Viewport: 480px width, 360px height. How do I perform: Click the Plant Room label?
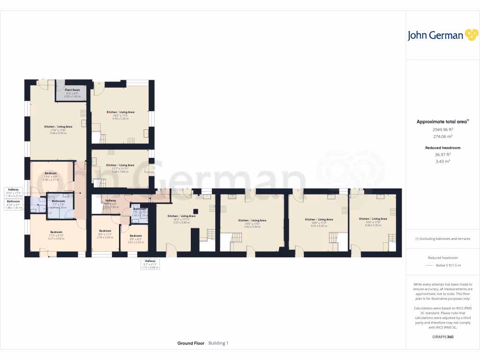[x=72, y=90]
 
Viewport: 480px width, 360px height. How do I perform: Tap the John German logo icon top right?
[x=471, y=35]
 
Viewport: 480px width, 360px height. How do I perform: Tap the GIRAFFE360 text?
[x=443, y=337]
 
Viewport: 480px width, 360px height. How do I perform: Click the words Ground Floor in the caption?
[x=191, y=343]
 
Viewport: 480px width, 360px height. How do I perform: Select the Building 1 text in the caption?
[x=218, y=343]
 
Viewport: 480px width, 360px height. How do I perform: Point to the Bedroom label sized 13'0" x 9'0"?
[x=51, y=173]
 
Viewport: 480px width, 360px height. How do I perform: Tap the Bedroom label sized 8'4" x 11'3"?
[x=105, y=231]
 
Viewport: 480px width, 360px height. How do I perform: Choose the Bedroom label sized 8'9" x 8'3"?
[x=135, y=236]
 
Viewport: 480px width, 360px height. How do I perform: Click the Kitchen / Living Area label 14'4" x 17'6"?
[x=373, y=219]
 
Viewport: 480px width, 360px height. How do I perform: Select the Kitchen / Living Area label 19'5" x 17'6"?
[x=252, y=220]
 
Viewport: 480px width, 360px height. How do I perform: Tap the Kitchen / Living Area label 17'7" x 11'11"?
[x=120, y=165]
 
